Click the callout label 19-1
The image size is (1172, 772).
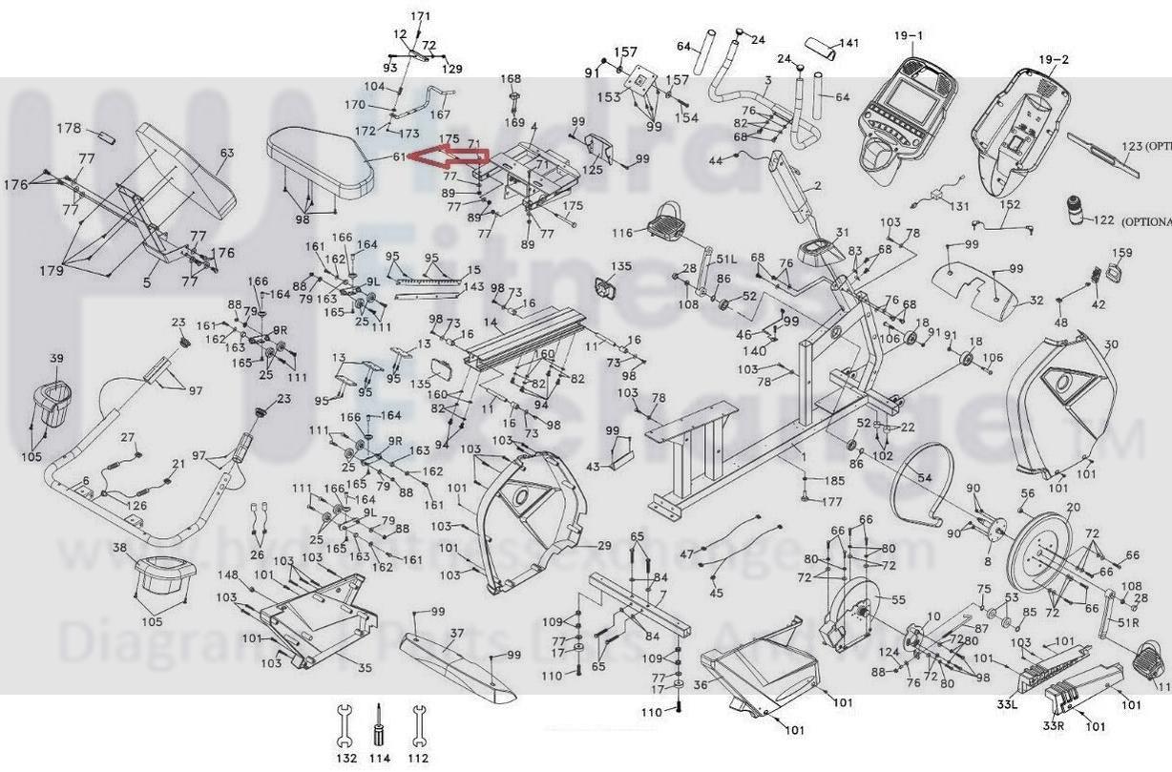(909, 36)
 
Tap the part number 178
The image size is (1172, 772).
(69, 128)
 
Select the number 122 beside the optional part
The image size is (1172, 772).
(1103, 220)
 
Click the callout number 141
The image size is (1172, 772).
(848, 43)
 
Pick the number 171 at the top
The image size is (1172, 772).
(421, 16)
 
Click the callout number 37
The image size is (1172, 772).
(457, 633)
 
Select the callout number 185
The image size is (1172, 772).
(834, 481)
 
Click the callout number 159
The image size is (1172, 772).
(1122, 253)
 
